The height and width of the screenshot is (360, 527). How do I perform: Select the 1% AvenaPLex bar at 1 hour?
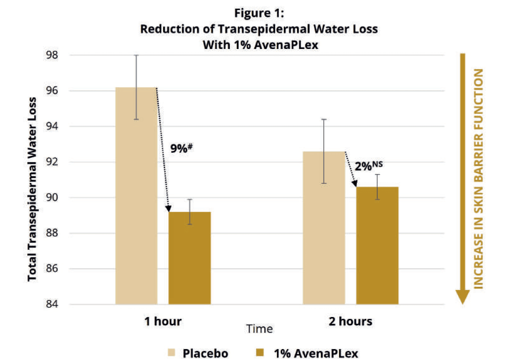[x=189, y=258]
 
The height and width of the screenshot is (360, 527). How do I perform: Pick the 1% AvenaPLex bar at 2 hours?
[x=377, y=245]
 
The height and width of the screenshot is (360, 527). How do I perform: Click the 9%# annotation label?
[x=180, y=148]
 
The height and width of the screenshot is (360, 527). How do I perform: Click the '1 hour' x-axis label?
[x=163, y=321]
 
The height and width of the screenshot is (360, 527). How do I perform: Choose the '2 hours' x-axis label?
[x=350, y=321]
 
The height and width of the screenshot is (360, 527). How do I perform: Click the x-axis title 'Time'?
[x=259, y=329]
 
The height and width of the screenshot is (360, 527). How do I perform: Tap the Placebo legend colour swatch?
[x=171, y=353]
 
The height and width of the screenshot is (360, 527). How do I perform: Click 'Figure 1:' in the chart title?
[x=259, y=13]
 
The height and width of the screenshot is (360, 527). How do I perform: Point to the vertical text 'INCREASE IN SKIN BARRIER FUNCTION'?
[x=479, y=178]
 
